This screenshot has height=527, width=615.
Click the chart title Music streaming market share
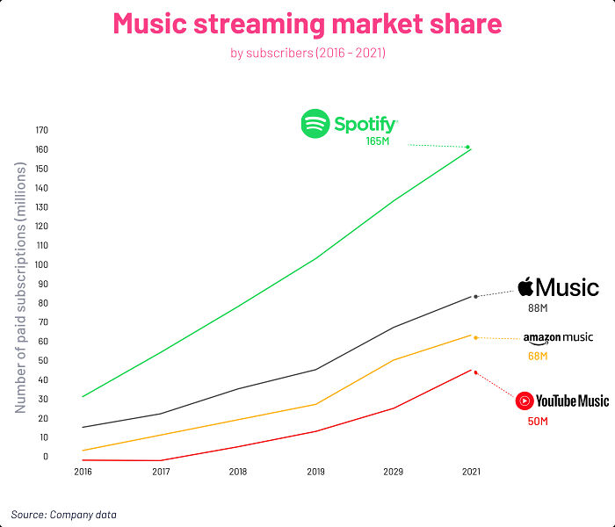pos(307,24)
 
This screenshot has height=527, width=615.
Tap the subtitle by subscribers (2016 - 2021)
pos(307,54)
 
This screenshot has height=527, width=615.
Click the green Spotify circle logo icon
pos(315,124)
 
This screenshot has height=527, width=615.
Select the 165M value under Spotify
pos(377,141)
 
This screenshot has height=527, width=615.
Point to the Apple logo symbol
pos(525,286)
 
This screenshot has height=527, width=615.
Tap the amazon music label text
pos(558,337)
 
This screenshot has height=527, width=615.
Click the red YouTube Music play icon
pos(525,401)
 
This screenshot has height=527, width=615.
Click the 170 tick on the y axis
pos(41,131)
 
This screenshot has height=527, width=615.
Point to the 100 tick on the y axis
pos(41,264)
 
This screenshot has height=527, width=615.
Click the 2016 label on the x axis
pos(83,472)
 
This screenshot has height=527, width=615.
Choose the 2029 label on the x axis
pos(393,472)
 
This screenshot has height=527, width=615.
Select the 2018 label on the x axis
pos(238,472)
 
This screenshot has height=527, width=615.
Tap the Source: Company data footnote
pos(63,514)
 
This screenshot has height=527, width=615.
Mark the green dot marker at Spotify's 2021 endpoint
pos(468,147)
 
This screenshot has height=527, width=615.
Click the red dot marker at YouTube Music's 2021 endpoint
pos(475,372)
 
